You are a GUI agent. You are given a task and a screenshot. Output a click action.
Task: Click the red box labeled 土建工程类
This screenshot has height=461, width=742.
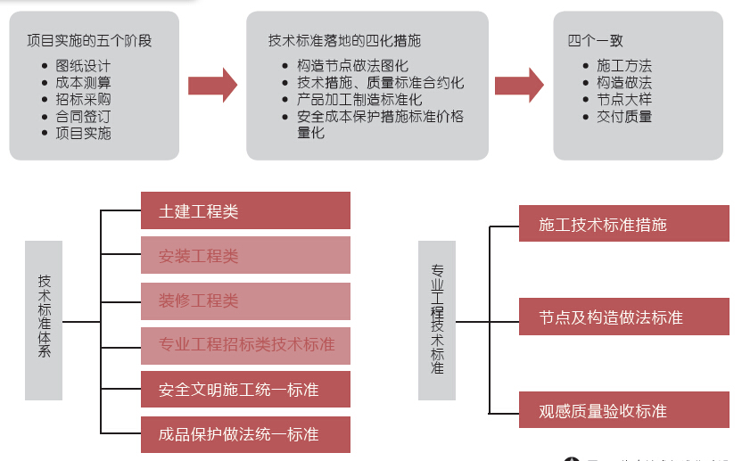[245, 211]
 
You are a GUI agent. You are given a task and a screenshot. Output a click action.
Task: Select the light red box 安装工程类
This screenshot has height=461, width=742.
[245, 256]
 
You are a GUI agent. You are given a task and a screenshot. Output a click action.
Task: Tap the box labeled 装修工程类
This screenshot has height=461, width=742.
[245, 300]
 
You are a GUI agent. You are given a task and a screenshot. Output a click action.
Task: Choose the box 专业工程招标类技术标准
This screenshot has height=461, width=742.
[245, 344]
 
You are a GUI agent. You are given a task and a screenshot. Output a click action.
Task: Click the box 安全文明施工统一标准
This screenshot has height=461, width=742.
[245, 390]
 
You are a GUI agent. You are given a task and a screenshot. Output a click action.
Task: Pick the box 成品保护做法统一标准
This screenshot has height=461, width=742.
[245, 434]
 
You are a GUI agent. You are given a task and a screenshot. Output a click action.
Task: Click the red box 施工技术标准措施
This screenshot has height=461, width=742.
[623, 224]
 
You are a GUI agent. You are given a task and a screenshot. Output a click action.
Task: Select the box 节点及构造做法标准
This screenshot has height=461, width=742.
[623, 317]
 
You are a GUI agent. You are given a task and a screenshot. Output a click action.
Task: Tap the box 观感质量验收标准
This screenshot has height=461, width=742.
[623, 411]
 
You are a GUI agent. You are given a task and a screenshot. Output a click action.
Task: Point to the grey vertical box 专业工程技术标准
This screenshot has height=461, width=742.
[437, 319]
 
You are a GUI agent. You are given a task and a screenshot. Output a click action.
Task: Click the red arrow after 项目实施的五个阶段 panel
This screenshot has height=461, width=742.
[212, 85]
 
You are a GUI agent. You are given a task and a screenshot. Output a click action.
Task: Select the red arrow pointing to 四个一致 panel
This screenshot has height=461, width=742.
[519, 85]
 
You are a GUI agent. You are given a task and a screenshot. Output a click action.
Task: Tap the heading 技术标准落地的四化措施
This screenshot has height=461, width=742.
[344, 40]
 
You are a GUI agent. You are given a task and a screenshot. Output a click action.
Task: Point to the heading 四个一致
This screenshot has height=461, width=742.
[595, 40]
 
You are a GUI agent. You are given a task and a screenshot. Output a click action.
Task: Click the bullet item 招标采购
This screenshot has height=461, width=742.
[83, 99]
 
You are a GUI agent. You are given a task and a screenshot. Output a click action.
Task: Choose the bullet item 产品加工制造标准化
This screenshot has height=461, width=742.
[359, 99]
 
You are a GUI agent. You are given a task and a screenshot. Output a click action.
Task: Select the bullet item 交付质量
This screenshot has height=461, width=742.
[624, 116]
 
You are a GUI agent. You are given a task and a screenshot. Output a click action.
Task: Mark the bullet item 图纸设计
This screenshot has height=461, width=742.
[83, 65]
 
